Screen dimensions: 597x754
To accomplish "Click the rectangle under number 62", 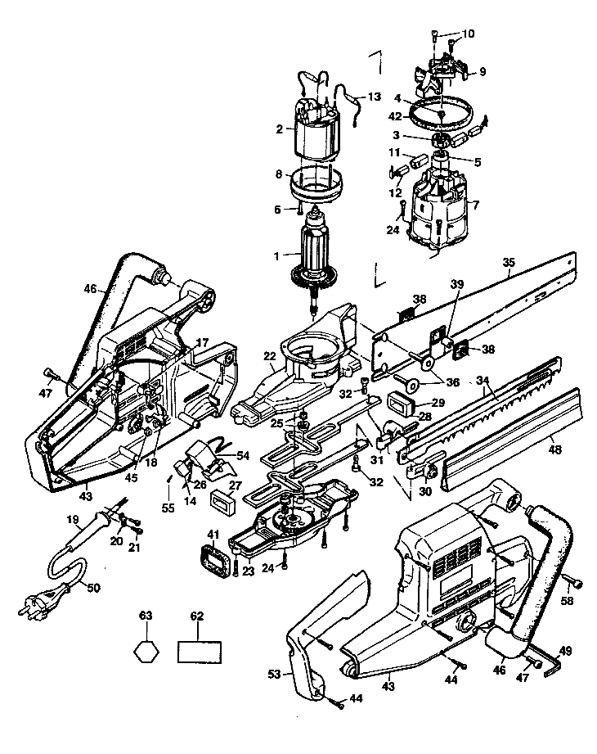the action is (200, 652).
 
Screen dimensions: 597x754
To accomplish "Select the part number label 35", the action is (509, 262).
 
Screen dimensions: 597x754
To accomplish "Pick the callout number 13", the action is (374, 97).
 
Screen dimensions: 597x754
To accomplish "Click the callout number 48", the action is (554, 450).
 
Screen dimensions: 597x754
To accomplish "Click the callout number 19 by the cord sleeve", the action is (73, 519).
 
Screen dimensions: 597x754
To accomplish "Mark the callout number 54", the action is (243, 455).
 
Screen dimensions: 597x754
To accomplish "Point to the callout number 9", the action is (483, 72).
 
